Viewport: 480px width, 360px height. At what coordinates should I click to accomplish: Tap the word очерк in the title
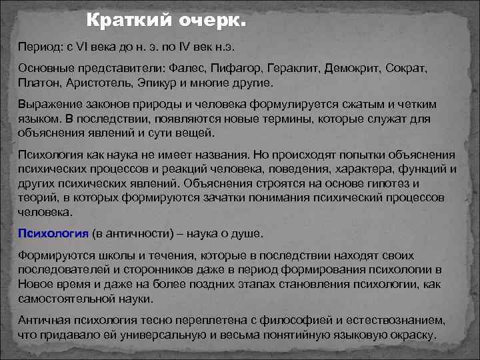click(x=212, y=22)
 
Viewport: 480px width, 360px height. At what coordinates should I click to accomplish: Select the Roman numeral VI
click(x=85, y=48)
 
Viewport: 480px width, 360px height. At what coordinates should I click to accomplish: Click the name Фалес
click(x=189, y=69)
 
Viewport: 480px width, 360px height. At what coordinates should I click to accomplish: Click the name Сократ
click(x=407, y=69)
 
